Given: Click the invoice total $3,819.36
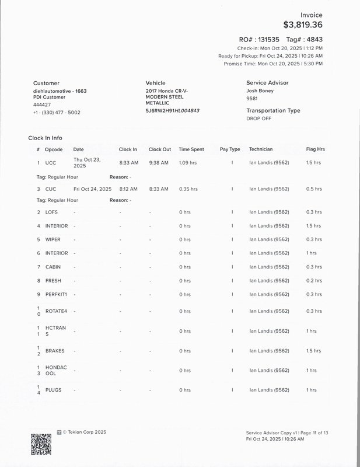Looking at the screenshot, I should (302, 25).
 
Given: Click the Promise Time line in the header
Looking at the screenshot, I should (273, 64).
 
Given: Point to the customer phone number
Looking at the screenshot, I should (57, 113).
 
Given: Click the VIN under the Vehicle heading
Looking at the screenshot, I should (172, 110).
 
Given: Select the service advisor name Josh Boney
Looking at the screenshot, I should (260, 91).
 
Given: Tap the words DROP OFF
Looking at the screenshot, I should (258, 119).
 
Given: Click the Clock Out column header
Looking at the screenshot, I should (159, 149).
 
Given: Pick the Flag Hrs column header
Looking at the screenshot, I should (315, 149).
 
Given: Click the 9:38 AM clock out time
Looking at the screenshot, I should (158, 163).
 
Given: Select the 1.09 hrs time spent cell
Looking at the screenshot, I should (188, 163).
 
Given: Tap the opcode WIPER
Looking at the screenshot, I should (53, 240).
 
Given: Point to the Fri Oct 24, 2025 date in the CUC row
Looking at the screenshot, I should (92, 189).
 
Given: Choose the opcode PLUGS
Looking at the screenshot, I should (53, 390).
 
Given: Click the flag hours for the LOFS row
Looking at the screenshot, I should (313, 212).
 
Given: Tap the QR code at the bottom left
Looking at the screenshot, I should (41, 444).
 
